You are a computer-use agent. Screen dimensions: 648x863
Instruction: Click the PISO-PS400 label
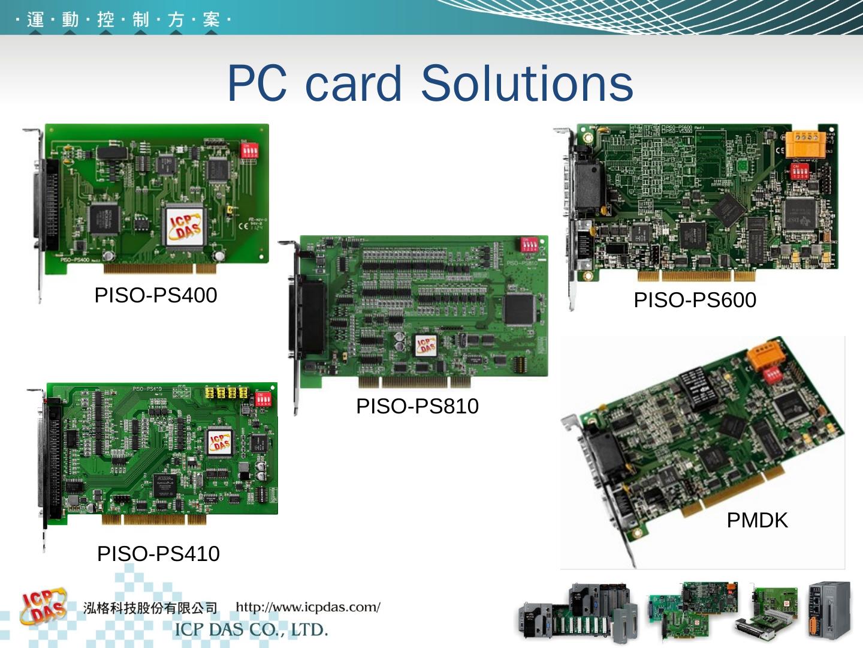(x=156, y=295)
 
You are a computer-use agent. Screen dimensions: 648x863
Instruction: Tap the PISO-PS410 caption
(x=158, y=553)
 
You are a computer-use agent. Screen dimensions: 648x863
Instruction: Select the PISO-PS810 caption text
(x=417, y=406)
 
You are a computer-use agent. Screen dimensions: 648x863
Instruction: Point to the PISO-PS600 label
(x=695, y=299)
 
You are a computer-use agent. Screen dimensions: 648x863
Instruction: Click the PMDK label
(x=757, y=520)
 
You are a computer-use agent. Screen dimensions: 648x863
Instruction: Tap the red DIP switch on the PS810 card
(x=534, y=245)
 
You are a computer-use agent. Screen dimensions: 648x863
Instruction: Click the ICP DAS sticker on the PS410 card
(x=219, y=442)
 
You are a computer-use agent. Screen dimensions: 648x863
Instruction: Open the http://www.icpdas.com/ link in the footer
(x=308, y=607)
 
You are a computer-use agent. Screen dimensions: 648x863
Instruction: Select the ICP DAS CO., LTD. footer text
(x=251, y=630)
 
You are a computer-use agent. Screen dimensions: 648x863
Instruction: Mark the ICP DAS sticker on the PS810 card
(x=427, y=345)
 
